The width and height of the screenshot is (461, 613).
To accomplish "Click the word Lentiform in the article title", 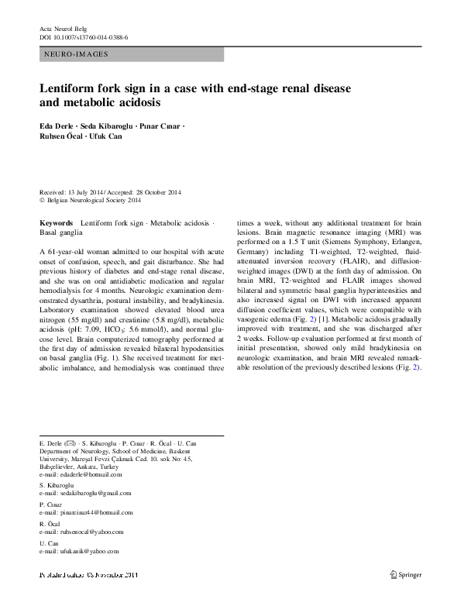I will tap(71, 88).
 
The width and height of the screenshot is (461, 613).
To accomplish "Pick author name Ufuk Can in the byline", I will tap(108, 136).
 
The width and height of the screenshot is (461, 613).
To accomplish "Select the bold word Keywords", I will tap(56, 223).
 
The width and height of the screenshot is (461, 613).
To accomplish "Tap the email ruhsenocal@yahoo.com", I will tap(82, 532).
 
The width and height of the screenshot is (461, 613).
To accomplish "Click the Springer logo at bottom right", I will tap(404, 574).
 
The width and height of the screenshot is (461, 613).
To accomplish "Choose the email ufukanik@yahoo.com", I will tap(80, 551).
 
